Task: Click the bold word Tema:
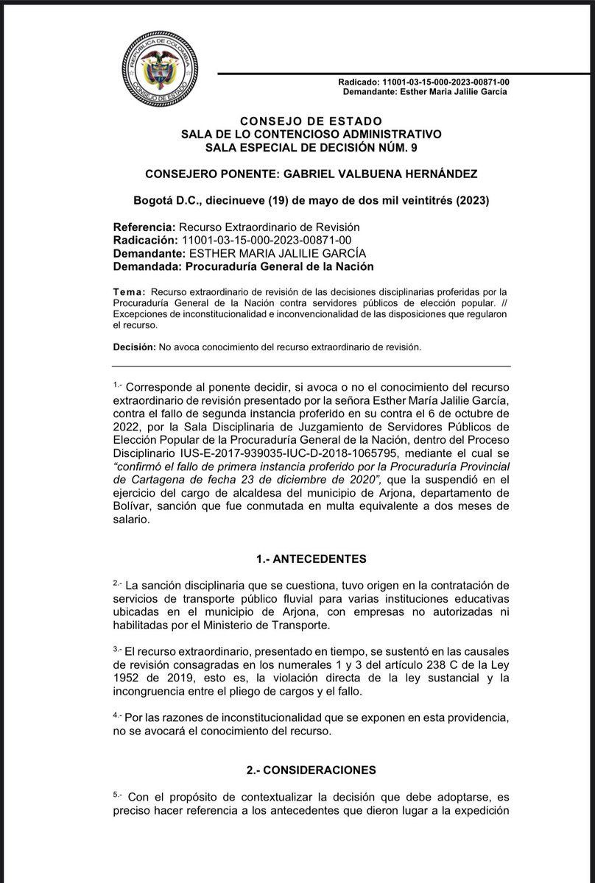[x=130, y=293]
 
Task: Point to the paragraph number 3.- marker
[x=119, y=649]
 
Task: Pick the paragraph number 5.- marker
[x=119, y=795]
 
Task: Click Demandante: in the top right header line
[x=371, y=91]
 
